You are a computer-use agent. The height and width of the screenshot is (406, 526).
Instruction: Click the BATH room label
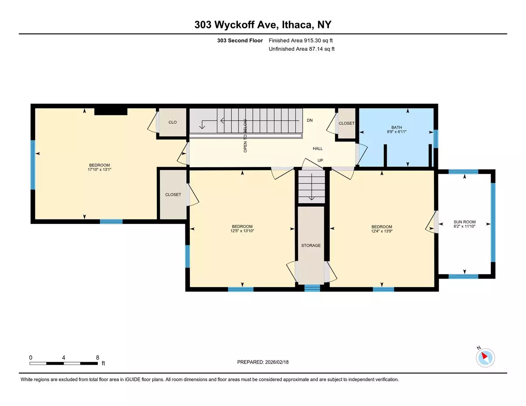[x=397, y=127]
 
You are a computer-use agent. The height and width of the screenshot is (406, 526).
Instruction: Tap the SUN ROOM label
[x=464, y=222]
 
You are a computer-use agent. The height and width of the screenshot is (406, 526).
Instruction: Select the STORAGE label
[x=311, y=245]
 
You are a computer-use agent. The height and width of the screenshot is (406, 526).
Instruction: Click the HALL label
[x=318, y=148]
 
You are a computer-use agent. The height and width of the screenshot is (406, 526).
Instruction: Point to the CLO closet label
[x=172, y=122]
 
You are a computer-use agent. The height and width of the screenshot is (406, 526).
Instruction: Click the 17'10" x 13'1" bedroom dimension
[x=99, y=169]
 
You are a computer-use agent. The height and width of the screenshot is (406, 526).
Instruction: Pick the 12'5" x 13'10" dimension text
[x=242, y=231]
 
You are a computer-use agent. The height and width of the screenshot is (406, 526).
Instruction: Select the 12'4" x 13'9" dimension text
[x=382, y=231]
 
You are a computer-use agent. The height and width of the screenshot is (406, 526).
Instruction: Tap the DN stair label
[x=309, y=120]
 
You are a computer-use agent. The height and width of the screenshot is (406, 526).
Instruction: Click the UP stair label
[x=320, y=160]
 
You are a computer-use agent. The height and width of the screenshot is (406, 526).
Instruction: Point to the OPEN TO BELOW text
[x=245, y=136]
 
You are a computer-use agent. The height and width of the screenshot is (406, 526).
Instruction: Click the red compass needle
[x=484, y=356]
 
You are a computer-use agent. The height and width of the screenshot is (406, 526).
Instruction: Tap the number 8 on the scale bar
[x=98, y=358]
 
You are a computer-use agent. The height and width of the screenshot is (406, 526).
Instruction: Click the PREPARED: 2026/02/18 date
[x=263, y=362]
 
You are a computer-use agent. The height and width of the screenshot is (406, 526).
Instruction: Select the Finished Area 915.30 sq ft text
[x=301, y=41]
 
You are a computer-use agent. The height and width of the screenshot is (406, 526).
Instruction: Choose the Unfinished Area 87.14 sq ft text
[x=302, y=49]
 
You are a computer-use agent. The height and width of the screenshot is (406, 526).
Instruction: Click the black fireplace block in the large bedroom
[x=110, y=112]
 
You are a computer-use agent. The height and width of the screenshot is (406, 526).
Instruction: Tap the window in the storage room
[x=312, y=288]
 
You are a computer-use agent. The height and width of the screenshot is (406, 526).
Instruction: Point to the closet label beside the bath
[x=346, y=124]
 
